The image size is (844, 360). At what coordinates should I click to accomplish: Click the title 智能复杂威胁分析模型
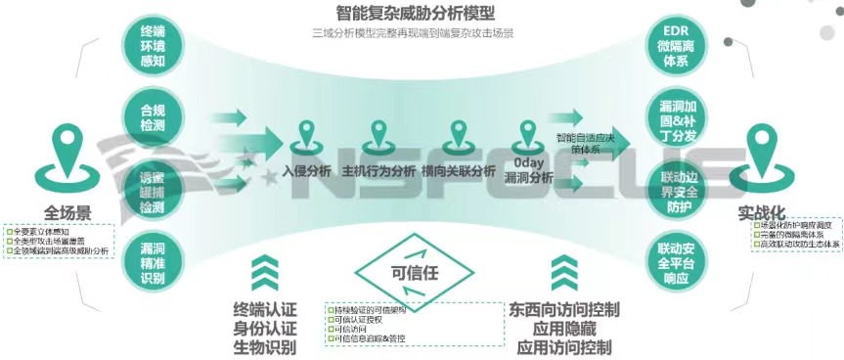click(416, 15)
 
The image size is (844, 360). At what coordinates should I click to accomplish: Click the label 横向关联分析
click(459, 170)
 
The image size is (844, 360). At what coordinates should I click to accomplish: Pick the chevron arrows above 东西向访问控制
click(564, 273)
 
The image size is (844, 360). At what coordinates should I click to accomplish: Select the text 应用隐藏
click(564, 329)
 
